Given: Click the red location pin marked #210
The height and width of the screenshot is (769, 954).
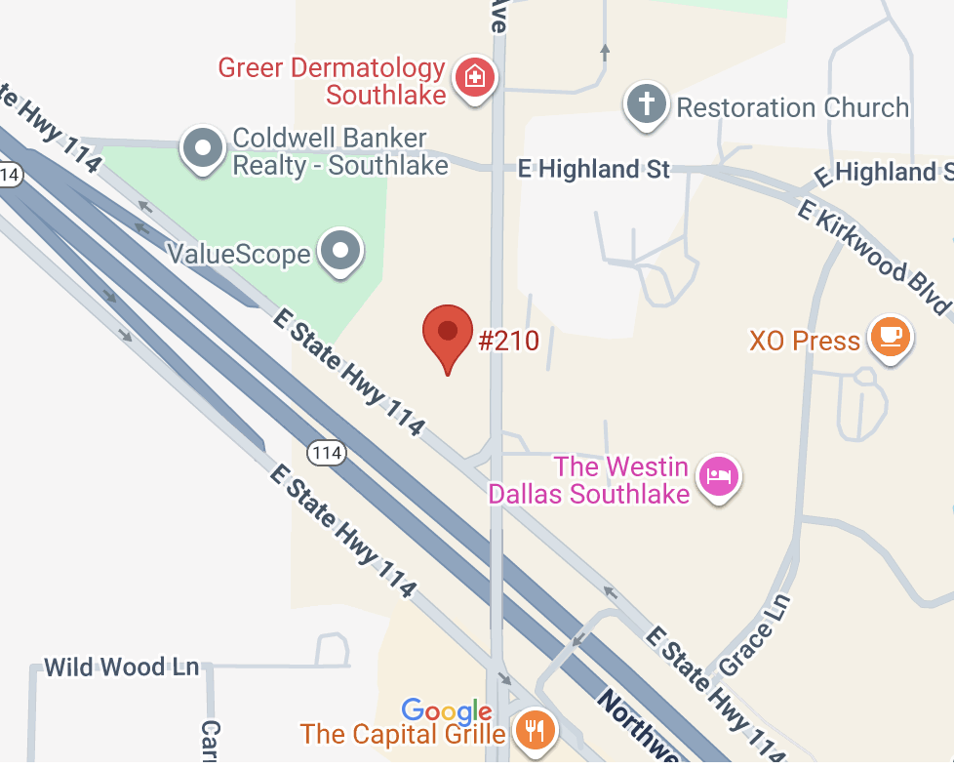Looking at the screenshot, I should (448, 334).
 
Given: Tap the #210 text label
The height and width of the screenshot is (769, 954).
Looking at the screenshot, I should (508, 341).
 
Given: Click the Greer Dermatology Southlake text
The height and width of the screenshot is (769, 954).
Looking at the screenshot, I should (332, 81).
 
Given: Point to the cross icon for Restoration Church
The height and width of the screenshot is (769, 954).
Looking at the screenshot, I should (646, 102).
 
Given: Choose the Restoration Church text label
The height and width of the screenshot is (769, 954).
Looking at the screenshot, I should (792, 107).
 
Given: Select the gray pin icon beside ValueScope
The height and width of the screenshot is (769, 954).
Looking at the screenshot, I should (340, 250).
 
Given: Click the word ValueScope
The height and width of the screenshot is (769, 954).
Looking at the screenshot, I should (239, 255).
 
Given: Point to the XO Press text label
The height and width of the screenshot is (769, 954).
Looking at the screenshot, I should (805, 342).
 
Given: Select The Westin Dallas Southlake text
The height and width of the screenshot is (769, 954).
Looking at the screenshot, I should (589, 480).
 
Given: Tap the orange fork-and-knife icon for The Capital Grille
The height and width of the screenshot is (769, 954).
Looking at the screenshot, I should (534, 728).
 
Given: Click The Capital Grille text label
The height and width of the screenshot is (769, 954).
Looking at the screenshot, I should (403, 733).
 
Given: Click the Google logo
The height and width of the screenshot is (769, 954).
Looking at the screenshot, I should (447, 710).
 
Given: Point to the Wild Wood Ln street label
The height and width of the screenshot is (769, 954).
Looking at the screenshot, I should (122, 668).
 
